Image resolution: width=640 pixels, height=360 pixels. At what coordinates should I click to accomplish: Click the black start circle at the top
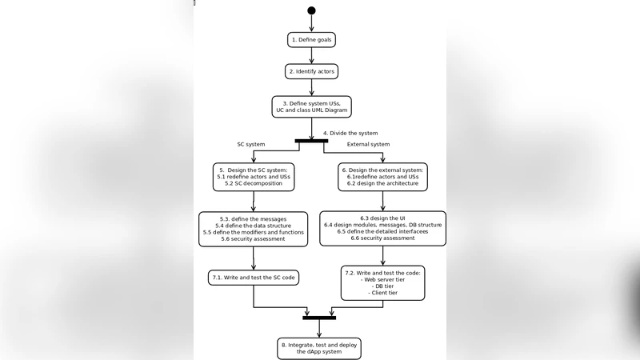(311, 10)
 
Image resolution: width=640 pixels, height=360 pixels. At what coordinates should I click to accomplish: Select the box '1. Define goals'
(311, 39)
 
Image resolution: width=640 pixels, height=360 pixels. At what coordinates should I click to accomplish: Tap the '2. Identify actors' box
(311, 71)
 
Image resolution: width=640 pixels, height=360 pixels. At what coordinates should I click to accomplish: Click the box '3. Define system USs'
(311, 106)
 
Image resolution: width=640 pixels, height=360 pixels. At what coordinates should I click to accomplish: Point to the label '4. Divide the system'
(350, 133)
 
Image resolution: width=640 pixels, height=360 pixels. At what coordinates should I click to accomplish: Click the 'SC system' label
(250, 144)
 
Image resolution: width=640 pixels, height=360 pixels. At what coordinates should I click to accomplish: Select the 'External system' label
(368, 144)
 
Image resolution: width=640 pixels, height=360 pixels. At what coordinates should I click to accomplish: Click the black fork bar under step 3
(311, 142)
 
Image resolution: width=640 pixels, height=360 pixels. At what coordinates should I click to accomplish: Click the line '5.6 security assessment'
(253, 238)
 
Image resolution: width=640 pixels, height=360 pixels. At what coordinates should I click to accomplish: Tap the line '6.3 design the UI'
(382, 218)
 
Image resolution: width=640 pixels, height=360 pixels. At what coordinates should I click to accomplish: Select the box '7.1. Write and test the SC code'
(253, 277)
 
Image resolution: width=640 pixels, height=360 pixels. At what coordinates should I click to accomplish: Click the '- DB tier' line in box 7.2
(382, 286)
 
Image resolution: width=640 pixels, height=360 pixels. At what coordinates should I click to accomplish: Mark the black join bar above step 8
(318, 318)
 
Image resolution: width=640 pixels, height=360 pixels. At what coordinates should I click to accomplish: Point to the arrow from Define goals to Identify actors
(311, 55)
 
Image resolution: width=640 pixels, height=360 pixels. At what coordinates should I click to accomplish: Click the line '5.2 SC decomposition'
(253, 183)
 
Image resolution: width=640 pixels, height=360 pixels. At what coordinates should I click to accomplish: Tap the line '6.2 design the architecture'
(382, 183)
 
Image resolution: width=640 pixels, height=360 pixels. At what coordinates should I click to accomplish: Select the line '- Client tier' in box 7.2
(382, 294)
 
